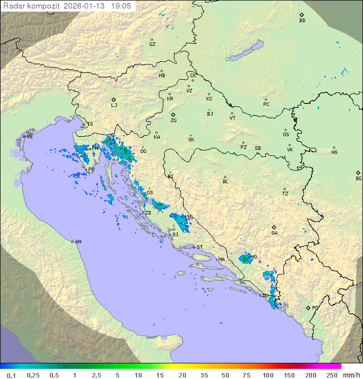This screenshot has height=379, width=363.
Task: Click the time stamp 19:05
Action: pos(121,6)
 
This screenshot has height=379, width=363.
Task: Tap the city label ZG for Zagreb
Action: pos(173,121)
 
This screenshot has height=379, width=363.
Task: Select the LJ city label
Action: pos(114,105)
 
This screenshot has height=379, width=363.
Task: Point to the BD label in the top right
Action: pos(302,21)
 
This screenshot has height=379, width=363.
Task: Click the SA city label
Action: pos(274,233)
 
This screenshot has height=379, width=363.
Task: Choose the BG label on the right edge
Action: pos(358,178)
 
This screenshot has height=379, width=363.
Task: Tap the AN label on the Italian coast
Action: pos(78,242)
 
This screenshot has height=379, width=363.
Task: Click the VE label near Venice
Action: pos(30,137)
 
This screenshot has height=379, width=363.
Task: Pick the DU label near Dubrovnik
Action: pos(265,296)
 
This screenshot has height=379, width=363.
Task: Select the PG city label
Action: pos(315,307)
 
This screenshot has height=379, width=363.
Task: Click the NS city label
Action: pos(334,152)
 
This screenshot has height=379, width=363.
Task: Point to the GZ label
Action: pos(152,44)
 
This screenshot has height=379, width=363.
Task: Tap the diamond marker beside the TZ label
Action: pos(285,189)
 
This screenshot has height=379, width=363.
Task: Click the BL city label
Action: pos(225,181)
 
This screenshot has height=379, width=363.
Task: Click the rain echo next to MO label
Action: pos(245,259)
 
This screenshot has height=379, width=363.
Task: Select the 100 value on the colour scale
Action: pos(268,375)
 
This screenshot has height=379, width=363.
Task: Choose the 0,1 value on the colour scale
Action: pos(11,375)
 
